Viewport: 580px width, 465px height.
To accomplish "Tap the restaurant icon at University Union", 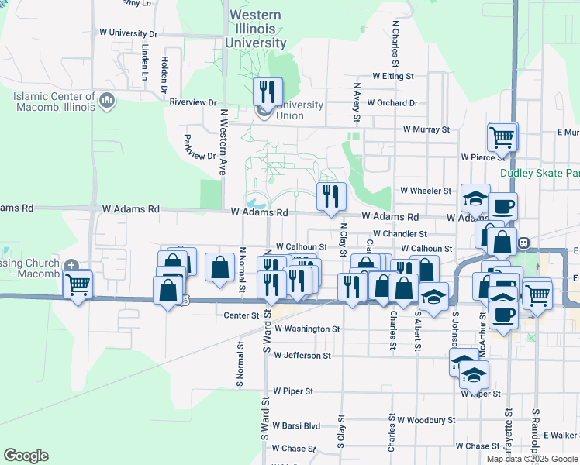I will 268,92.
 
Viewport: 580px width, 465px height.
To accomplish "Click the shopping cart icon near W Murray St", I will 502,138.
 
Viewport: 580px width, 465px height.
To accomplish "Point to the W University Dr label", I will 129,33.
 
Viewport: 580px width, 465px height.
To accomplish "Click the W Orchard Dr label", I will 392,102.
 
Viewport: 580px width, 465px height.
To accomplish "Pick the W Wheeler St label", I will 425,191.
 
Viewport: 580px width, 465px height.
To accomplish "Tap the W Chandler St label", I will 399,233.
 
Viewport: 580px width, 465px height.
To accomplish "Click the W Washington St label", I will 302,329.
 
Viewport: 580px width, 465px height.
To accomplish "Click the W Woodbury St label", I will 426,420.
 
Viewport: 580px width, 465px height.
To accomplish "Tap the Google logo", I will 26,456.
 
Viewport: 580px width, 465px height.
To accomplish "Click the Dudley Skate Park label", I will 540,173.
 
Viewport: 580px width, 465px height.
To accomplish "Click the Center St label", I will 240,315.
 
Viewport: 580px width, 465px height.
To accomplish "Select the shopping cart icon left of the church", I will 78,286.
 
